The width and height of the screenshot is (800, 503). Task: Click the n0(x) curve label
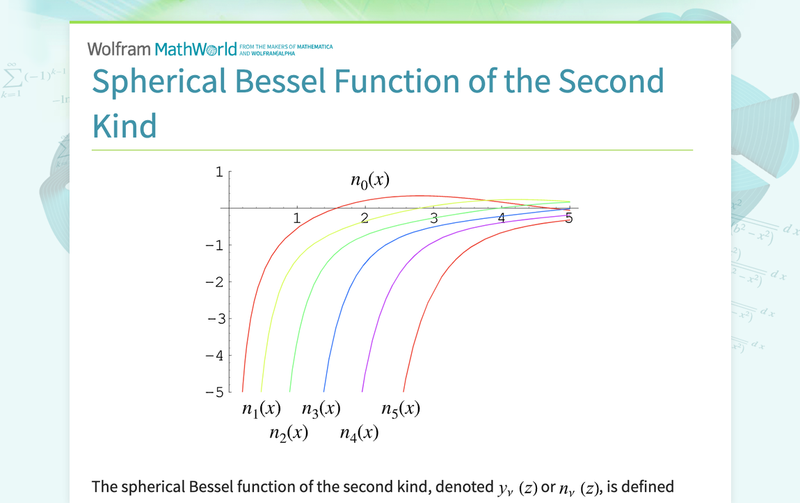[x=370, y=181]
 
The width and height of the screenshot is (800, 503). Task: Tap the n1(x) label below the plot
[x=262, y=409]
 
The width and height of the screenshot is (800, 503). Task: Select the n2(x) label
[x=289, y=434]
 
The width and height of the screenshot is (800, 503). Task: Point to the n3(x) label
[x=321, y=409]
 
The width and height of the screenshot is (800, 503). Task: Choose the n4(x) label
[x=359, y=434]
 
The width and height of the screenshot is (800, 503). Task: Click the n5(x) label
[x=401, y=409]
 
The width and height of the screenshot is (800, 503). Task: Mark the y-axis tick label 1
[x=219, y=172]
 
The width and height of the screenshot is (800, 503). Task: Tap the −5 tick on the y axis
[x=215, y=393]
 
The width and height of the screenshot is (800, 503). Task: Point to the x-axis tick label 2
[x=365, y=218]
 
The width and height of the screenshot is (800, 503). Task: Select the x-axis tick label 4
[x=502, y=218]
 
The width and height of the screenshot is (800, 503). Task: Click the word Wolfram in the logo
[x=119, y=49]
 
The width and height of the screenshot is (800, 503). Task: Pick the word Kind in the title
[x=125, y=126]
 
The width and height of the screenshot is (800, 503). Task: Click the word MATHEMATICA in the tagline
[x=315, y=47]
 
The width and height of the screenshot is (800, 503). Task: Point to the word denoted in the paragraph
[x=464, y=487]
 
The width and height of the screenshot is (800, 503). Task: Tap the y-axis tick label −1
[x=215, y=246]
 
